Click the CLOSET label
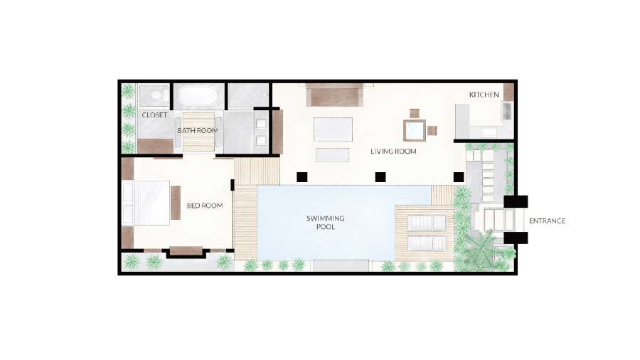[x=154, y=115]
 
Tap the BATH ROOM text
[x=198, y=131]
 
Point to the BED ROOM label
[x=205, y=206]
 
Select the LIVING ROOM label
[x=393, y=152]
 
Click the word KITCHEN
[x=484, y=95]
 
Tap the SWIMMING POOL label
[x=325, y=223]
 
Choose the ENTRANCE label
[x=548, y=221]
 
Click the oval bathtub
[x=198, y=95]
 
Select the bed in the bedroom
[x=146, y=203]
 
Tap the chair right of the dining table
[x=432, y=131]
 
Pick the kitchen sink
[x=507, y=111]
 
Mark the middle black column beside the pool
[x=380, y=177]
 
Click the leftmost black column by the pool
[x=302, y=177]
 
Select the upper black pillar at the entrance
[x=516, y=201]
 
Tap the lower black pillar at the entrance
[x=516, y=238]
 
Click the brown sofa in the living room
[x=335, y=95]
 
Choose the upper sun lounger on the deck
[x=427, y=223]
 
